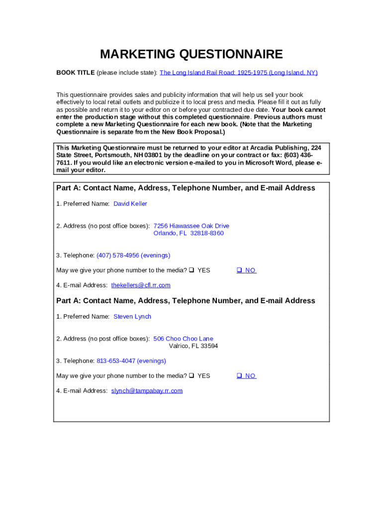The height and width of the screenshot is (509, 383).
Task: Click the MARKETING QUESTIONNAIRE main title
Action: click(x=191, y=54)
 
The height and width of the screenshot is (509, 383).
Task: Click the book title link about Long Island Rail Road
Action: click(x=238, y=73)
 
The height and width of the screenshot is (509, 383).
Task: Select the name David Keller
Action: click(x=130, y=204)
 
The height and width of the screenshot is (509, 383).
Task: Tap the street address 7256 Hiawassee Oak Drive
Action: click(x=191, y=226)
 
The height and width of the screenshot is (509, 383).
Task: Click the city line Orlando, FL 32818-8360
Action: click(x=189, y=233)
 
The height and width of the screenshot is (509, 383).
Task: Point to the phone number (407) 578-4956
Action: click(x=118, y=255)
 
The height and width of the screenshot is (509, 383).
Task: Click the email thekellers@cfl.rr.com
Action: click(x=141, y=285)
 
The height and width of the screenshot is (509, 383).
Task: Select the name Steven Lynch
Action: click(x=132, y=317)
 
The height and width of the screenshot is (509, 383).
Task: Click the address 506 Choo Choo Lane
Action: click(x=183, y=339)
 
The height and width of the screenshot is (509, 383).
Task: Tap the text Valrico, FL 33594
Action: click(x=193, y=346)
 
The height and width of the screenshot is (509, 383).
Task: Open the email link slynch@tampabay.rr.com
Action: click(x=147, y=391)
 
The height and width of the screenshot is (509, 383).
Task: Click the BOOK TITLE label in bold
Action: click(x=75, y=73)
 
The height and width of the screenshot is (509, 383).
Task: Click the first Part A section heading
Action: click(x=186, y=188)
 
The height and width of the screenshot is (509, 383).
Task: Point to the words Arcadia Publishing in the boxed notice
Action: click(x=281, y=148)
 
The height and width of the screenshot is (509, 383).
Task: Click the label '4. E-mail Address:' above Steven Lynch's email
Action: click(x=82, y=391)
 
